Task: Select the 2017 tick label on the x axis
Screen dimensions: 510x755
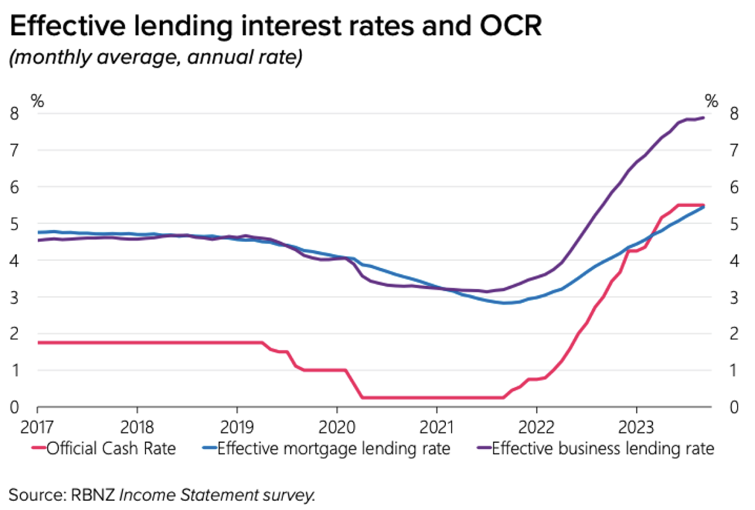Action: point(37,426)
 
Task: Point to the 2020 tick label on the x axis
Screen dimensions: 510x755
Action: point(336,426)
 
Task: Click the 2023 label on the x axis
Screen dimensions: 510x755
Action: point(635,426)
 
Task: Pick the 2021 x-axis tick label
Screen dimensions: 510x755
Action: point(436,426)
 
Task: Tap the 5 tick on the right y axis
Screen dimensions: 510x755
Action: point(733,224)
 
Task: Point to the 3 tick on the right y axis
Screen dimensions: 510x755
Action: point(733,297)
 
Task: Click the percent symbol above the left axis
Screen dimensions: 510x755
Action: point(37,101)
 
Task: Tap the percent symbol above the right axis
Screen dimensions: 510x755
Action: point(711,101)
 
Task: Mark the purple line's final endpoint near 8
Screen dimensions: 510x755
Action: point(703,118)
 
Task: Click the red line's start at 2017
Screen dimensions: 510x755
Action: point(38,343)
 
